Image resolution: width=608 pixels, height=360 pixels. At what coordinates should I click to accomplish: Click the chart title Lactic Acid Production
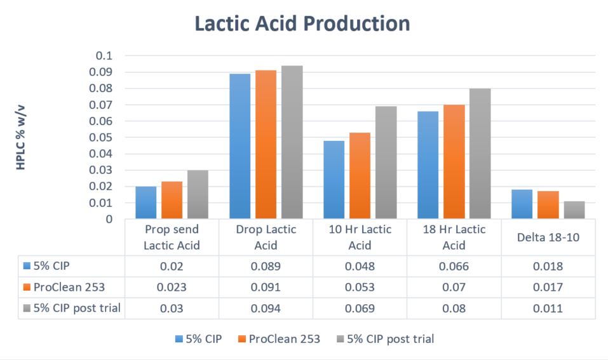[x=302, y=23]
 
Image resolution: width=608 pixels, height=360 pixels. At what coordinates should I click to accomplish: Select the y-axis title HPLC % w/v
[x=20, y=137]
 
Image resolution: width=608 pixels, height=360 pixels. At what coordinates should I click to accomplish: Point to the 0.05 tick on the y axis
[x=101, y=138]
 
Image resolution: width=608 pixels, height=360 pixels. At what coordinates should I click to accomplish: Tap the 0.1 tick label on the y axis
[x=104, y=56]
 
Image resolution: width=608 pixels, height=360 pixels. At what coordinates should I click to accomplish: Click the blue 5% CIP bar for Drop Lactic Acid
[x=240, y=146]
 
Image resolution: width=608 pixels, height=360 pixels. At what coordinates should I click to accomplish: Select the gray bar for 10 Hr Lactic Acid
[x=386, y=163]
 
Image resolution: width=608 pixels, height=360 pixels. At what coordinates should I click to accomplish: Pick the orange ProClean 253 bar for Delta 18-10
[x=548, y=204]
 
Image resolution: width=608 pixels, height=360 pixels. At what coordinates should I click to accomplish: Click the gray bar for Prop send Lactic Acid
[x=198, y=194]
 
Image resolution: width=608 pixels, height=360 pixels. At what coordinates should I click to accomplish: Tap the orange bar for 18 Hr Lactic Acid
[x=454, y=162]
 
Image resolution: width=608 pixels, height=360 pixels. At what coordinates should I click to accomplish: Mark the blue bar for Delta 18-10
[x=522, y=204]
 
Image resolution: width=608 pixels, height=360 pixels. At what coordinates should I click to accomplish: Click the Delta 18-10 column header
[x=548, y=237]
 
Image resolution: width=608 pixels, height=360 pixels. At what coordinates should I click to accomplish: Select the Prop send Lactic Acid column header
[x=172, y=237]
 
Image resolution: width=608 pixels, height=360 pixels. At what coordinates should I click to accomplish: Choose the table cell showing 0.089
[x=266, y=266]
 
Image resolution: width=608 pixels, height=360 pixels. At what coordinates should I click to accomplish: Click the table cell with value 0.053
[x=360, y=287]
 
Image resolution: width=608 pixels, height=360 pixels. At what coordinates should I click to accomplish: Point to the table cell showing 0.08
[x=454, y=309]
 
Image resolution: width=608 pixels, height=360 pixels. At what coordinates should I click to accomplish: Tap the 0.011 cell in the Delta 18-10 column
[x=548, y=309]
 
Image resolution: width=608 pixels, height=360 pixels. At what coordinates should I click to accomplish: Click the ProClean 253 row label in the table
[x=64, y=287]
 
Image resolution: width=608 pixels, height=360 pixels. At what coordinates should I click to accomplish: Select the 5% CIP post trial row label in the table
[x=72, y=308]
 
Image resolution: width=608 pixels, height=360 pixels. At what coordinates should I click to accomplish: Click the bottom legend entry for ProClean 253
[x=280, y=339]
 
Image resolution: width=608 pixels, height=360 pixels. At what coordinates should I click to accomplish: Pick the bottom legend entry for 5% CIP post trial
[x=386, y=339]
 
